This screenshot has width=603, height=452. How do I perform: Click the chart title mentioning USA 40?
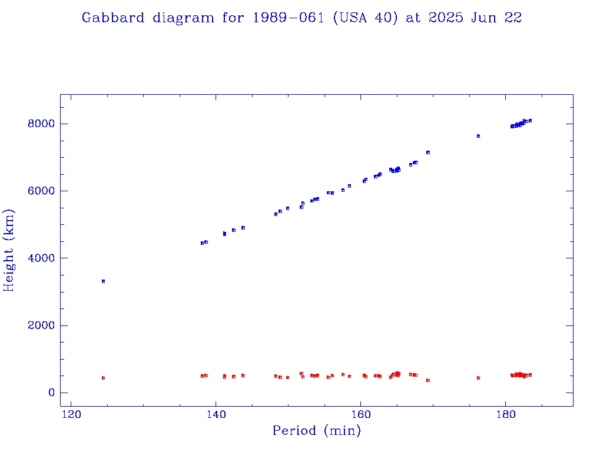(x=301, y=18)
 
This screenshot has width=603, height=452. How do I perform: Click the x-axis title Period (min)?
(x=316, y=431)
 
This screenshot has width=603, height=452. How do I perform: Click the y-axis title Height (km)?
(x=9, y=250)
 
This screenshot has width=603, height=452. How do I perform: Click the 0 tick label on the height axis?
(x=50, y=393)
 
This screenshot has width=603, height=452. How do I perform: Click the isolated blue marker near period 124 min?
(x=103, y=281)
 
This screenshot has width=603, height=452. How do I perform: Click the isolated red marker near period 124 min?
(x=103, y=378)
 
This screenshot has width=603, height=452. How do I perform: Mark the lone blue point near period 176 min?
(x=478, y=136)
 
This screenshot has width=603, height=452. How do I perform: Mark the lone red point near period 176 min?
(x=478, y=378)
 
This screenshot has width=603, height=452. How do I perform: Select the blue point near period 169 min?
(x=428, y=152)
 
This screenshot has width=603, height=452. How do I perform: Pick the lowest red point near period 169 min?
(x=428, y=380)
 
